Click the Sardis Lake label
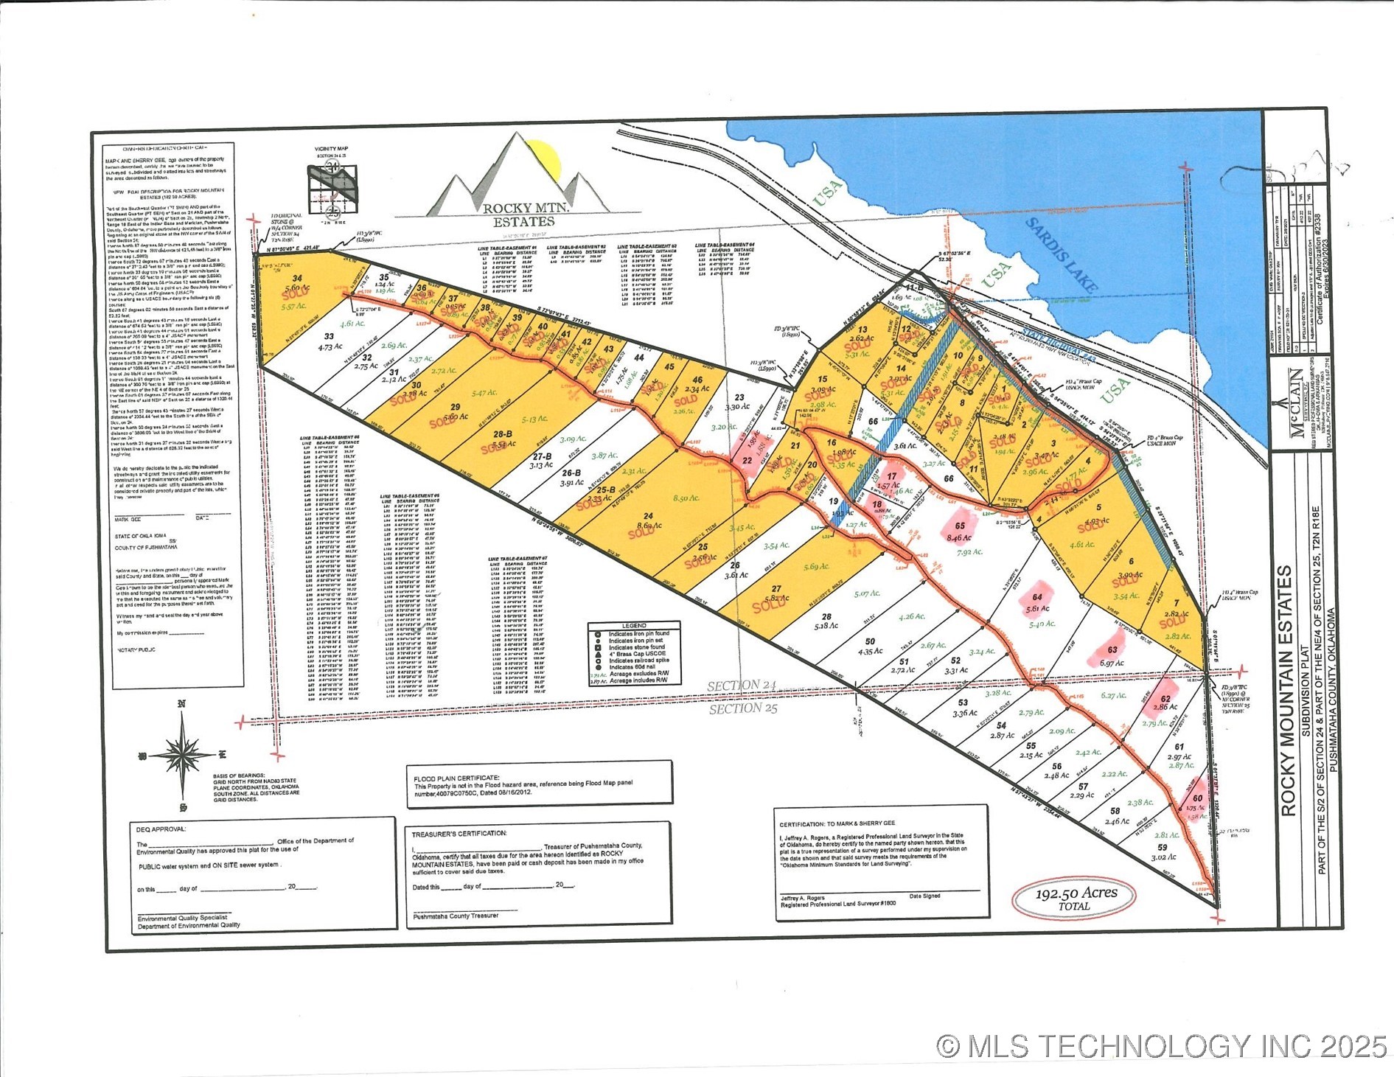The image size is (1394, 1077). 1062,254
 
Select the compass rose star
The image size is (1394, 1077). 181,755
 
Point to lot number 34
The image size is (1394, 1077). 297,279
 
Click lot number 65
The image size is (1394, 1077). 960,526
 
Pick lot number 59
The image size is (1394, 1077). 1163,848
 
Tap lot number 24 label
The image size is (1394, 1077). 648,516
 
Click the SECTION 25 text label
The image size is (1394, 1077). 742,709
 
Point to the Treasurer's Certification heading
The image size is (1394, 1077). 459,833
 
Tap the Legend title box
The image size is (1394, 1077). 634,625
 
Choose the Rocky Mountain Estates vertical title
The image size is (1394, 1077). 1288,690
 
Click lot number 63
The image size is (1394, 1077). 1112,650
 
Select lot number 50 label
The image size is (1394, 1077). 870,641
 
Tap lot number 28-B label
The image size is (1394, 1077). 503,434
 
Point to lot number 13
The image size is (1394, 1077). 862,330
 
